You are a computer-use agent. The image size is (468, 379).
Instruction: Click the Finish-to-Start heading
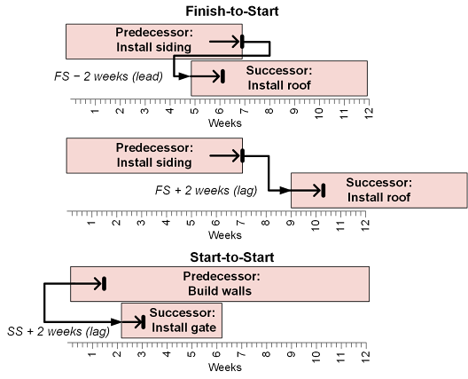click(x=232, y=12)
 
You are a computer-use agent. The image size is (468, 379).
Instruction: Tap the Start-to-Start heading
click(x=232, y=257)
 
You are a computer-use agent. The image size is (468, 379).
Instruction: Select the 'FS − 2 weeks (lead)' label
click(x=108, y=76)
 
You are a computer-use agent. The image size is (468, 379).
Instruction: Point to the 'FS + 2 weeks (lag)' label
click(x=206, y=191)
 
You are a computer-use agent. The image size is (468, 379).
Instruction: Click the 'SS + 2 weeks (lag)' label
click(x=58, y=331)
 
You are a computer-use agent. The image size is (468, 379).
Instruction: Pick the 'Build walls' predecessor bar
click(x=220, y=284)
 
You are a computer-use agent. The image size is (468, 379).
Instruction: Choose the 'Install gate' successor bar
click(x=172, y=320)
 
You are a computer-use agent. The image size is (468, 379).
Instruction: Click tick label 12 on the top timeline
click(x=369, y=113)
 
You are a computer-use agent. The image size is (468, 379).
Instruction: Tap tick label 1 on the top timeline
click(x=95, y=111)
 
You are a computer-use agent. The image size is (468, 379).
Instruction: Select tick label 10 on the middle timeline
click(x=316, y=225)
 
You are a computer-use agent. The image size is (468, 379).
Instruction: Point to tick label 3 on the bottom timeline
click(x=142, y=354)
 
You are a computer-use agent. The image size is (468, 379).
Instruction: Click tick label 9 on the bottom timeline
click(x=291, y=354)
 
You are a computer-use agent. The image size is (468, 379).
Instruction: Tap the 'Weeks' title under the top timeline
click(x=225, y=123)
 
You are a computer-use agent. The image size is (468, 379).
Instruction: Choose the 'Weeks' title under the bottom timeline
click(x=225, y=367)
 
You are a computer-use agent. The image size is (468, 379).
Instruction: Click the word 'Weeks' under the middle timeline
click(x=225, y=235)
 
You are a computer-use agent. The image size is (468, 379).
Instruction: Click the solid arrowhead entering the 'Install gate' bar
click(x=116, y=322)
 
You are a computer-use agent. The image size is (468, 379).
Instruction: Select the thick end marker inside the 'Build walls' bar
click(x=105, y=284)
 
